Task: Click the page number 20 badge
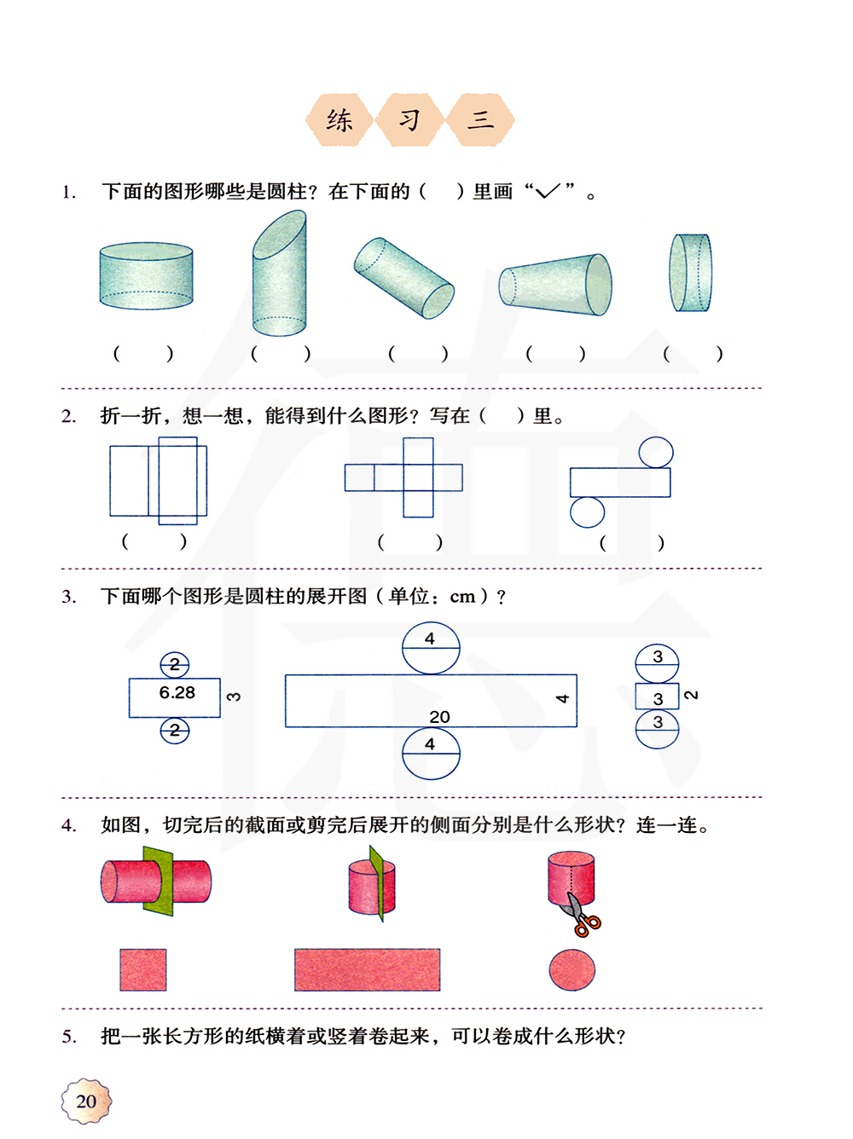86,1100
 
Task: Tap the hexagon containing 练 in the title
339,120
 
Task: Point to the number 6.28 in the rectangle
177,692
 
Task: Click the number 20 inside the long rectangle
439,717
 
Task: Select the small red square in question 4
143,970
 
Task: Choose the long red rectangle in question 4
367,970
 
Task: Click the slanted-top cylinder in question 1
279,274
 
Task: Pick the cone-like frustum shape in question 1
555,285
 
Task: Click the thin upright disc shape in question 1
690,273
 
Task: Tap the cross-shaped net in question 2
404,477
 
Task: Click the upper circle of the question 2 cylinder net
656,453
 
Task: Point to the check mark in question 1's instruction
548,191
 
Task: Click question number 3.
68,597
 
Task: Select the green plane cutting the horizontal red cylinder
158,882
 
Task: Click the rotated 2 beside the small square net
692,695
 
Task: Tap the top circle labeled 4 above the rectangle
431,648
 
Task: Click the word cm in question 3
462,598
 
